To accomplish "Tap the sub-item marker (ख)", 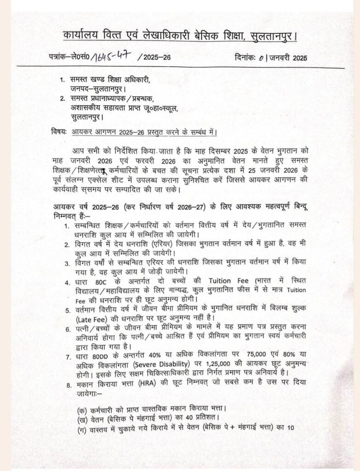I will [83, 419].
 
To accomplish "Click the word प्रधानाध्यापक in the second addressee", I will [113, 99].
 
